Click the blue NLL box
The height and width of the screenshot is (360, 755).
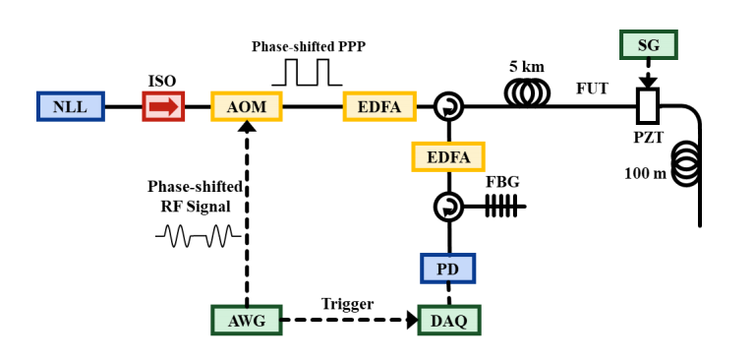click(x=71, y=106)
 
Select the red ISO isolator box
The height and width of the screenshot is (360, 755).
click(x=163, y=106)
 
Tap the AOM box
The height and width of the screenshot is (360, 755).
click(x=247, y=106)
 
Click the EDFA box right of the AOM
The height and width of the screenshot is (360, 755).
click(x=379, y=106)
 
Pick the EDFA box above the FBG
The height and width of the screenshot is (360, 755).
click(x=448, y=157)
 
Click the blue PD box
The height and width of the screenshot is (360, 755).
click(x=448, y=269)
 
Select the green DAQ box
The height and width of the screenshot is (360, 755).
click(x=448, y=320)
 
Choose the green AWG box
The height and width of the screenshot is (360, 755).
click(x=247, y=320)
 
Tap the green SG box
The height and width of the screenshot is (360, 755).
click(x=649, y=45)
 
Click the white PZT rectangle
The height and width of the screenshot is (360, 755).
click(x=648, y=105)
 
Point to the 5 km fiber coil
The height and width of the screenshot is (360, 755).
click(x=527, y=93)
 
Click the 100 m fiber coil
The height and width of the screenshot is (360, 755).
click(x=685, y=163)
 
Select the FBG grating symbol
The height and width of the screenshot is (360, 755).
click(x=501, y=206)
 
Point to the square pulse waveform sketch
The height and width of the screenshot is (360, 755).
click(x=307, y=72)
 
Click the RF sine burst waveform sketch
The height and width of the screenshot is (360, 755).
click(x=198, y=236)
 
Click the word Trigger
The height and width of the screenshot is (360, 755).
click(x=348, y=304)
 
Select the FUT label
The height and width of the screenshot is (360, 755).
click(x=592, y=89)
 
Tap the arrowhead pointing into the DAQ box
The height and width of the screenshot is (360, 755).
click(x=412, y=320)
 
